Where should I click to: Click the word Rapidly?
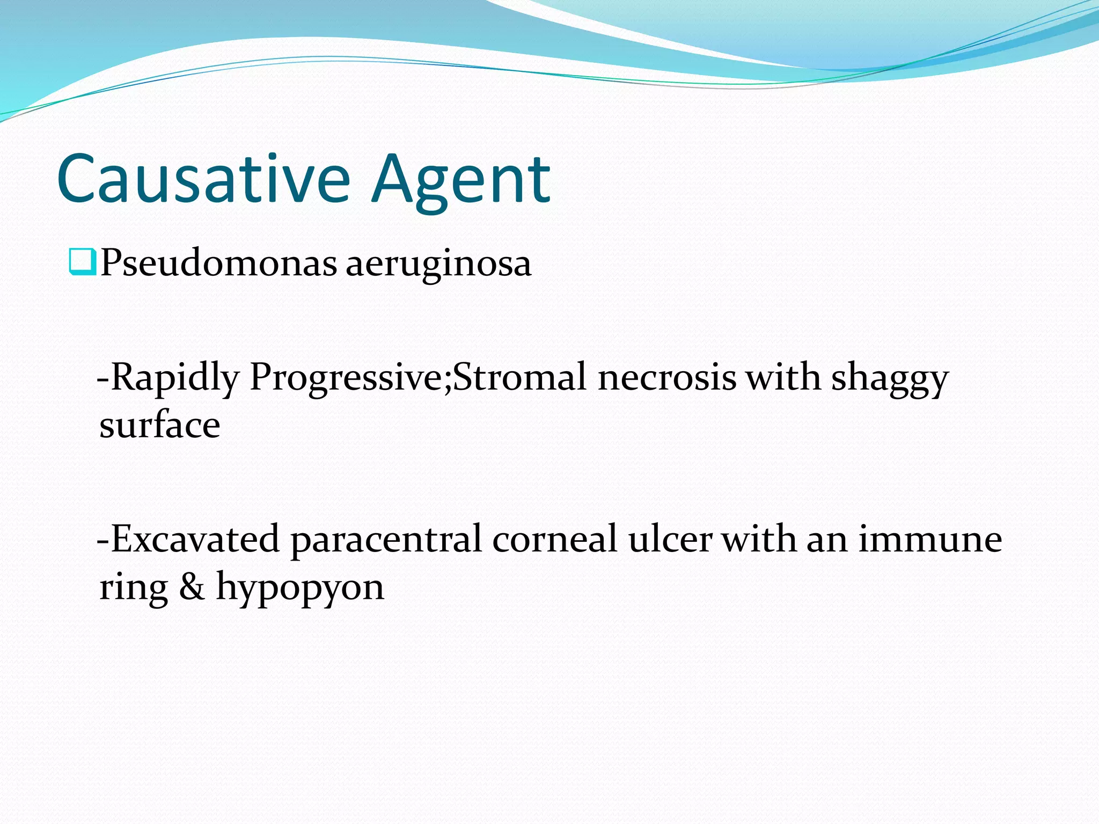[x=174, y=378]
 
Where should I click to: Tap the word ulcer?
[x=670, y=539]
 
